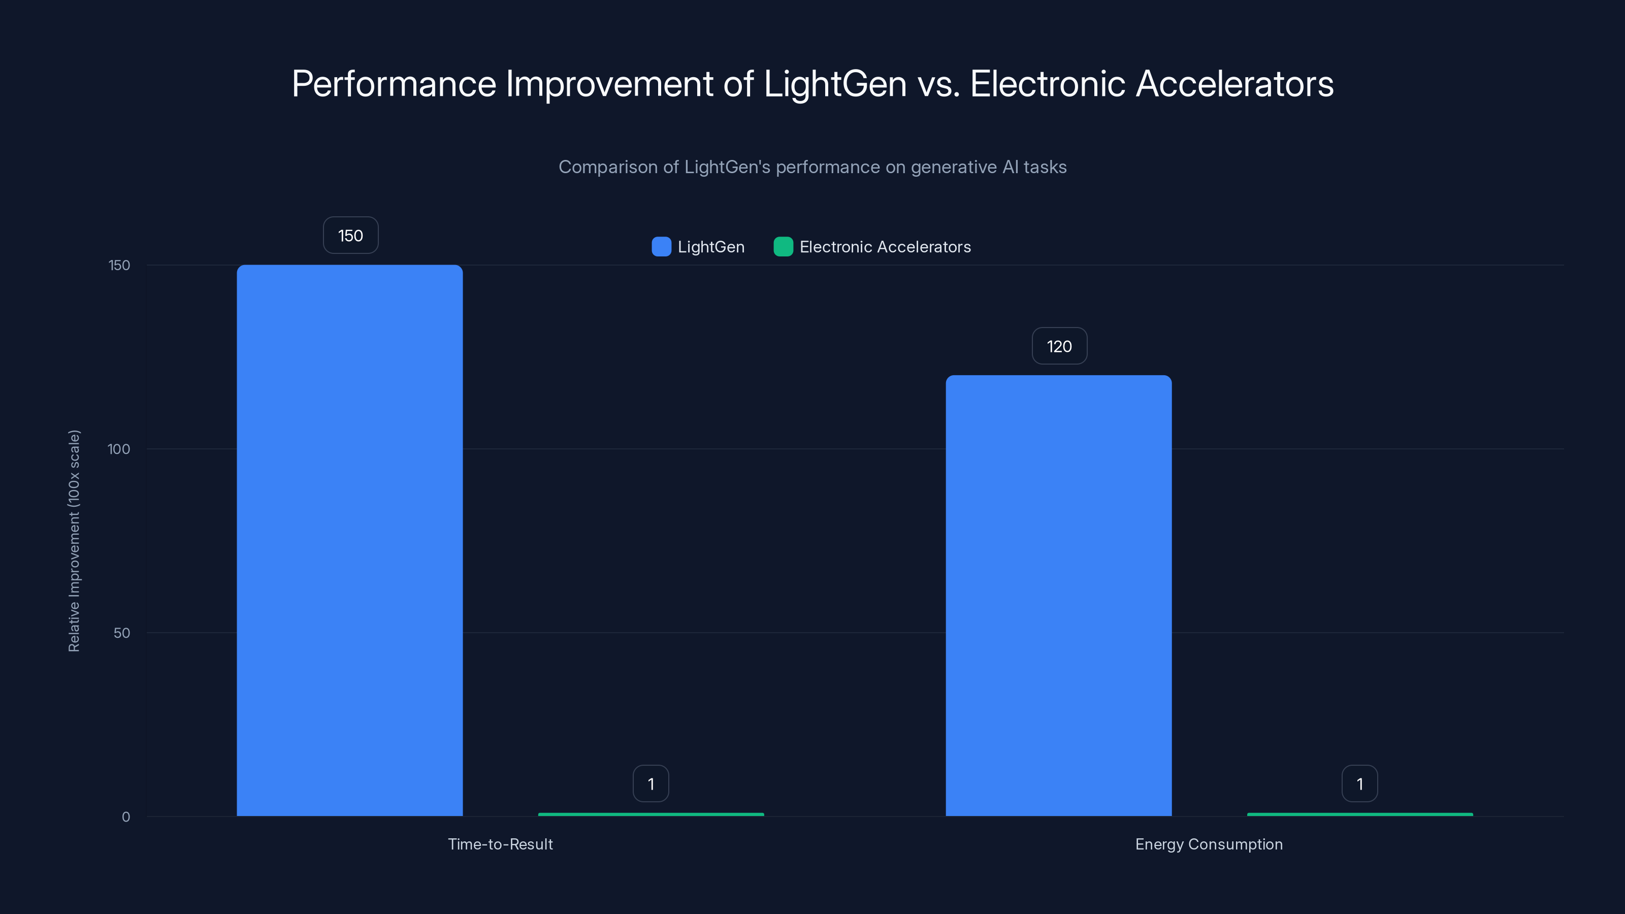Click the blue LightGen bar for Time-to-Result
tap(349, 540)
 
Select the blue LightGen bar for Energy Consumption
tap(1058, 596)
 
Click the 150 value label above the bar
tap(351, 235)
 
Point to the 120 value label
tap(1059, 346)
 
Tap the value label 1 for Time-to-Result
tap(651, 784)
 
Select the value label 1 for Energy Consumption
tap(1359, 784)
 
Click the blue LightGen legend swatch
tap(661, 247)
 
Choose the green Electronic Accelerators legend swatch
tap(783, 247)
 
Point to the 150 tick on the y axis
tap(119, 265)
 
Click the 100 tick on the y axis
tap(119, 449)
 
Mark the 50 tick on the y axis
tap(122, 633)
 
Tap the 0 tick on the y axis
tap(125, 817)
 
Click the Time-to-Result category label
tap(500, 844)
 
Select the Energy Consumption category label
tap(1209, 844)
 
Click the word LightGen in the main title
tap(834, 84)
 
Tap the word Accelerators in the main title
tap(1234, 84)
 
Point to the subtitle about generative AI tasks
tap(812, 167)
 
